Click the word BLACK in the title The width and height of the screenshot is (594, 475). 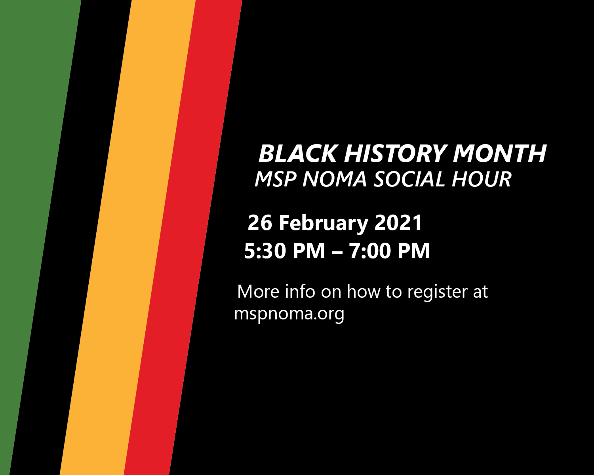click(x=298, y=153)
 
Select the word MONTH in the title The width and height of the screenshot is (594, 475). click(x=499, y=153)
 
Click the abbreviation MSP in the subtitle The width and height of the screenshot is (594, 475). click(x=275, y=179)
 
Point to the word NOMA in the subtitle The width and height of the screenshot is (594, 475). click(x=335, y=179)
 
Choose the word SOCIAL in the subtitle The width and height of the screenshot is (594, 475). click(x=409, y=179)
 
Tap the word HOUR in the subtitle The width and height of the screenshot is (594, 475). click(x=482, y=179)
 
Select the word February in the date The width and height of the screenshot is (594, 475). click(x=324, y=224)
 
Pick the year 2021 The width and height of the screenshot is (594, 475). click(x=398, y=223)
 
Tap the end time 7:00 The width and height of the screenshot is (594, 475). click(x=370, y=251)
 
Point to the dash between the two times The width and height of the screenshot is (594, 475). click(x=337, y=252)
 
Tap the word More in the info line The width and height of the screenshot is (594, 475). click(x=258, y=291)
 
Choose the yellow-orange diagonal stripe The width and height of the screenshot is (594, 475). click(x=128, y=237)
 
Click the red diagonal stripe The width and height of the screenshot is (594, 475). click(x=183, y=237)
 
